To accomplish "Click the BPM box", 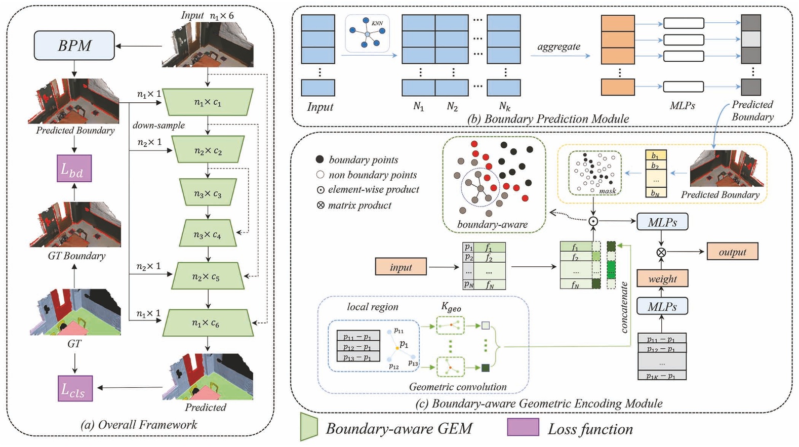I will pos(74,46).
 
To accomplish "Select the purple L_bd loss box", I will pos(74,169).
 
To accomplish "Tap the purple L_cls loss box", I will pos(75,388).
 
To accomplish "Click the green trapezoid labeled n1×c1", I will pos(208,102).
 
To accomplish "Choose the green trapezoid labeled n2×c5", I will pos(208,276).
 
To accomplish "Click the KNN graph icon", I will pos(368,33).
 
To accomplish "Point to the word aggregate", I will pos(558,47).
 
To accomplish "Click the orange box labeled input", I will pos(401,267).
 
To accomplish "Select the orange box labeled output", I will pos(732,252).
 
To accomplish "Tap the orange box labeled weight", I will pos(662,278).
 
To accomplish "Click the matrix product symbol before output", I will pos(661,252).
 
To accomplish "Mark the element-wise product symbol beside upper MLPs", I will pos(593,221).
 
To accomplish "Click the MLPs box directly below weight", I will pos(662,306).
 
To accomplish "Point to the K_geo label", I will pos(451,307).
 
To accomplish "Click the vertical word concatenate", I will pos(624,307).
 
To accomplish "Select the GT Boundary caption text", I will pos(76,256).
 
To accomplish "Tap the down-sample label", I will pos(158,125).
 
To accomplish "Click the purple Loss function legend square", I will pos(523,427).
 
